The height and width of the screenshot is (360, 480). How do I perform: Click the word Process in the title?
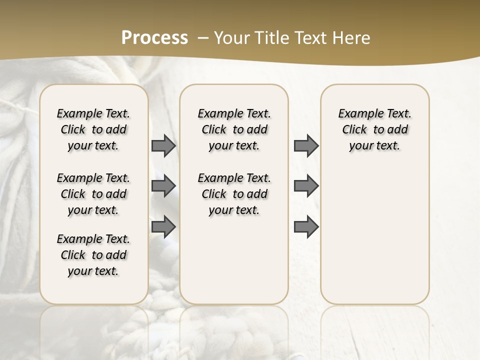tap(154, 37)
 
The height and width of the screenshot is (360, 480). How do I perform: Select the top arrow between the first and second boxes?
tap(163, 146)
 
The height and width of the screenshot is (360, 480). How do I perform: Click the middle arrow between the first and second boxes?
tap(163, 186)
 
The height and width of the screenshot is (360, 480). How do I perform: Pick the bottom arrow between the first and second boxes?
tap(163, 227)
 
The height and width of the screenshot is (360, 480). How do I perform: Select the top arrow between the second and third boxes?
tap(306, 146)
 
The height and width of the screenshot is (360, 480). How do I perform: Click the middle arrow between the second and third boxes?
tap(306, 186)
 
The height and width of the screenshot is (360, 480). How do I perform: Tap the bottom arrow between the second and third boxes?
tap(306, 227)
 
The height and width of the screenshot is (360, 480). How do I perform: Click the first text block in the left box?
tap(93, 129)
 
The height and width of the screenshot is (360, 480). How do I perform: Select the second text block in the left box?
tap(93, 194)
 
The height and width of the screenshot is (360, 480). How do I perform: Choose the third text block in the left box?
tap(93, 255)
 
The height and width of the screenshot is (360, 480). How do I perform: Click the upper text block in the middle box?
tap(234, 129)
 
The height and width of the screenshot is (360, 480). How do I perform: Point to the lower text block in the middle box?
tap(234, 194)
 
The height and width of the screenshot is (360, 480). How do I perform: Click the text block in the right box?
tap(374, 129)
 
